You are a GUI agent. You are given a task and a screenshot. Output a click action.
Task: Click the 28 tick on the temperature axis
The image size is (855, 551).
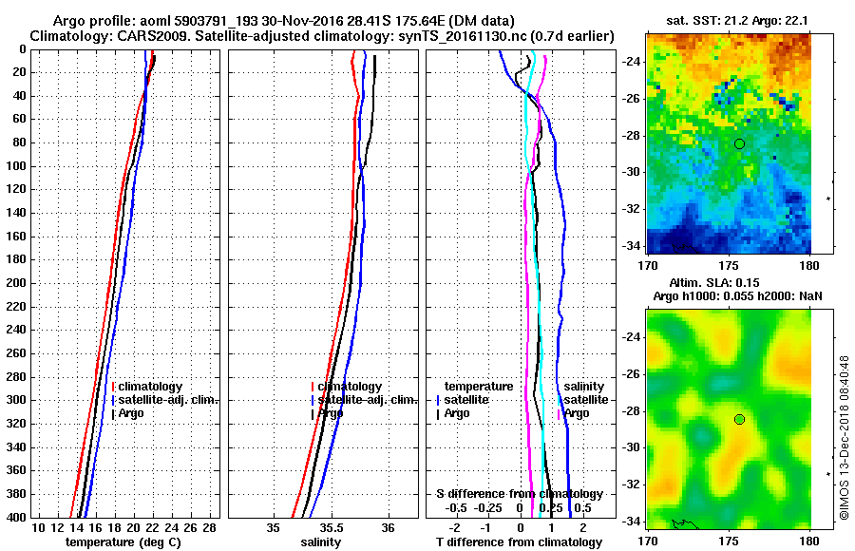(x=210, y=527)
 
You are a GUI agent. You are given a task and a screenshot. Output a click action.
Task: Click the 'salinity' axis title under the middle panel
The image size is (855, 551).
(x=320, y=542)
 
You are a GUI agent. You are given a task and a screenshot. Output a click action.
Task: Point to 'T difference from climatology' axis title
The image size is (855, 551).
(x=519, y=542)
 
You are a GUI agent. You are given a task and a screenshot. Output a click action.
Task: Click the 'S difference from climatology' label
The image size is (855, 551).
(x=519, y=494)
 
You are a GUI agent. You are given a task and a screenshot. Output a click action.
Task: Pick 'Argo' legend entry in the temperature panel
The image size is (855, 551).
(x=132, y=413)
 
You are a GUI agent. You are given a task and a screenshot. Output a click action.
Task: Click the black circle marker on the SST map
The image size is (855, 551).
(x=739, y=143)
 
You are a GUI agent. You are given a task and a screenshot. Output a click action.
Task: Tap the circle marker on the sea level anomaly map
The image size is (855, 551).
(x=739, y=419)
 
